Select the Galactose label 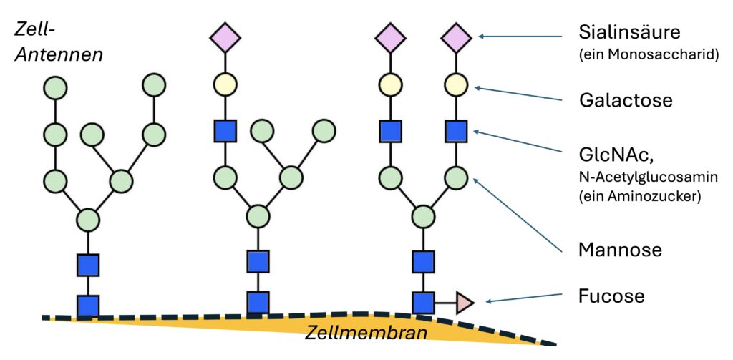coord(626,100)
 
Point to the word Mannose coord(620,250)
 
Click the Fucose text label coord(611,296)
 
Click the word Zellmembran coord(366,333)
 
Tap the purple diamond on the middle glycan coord(225,37)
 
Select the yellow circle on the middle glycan coord(225,84)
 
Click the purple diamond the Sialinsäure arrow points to coord(456,37)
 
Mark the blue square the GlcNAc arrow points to coord(456,131)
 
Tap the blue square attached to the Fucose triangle coord(423,302)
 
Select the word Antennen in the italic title coord(59,55)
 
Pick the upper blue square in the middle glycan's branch coord(225,131)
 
